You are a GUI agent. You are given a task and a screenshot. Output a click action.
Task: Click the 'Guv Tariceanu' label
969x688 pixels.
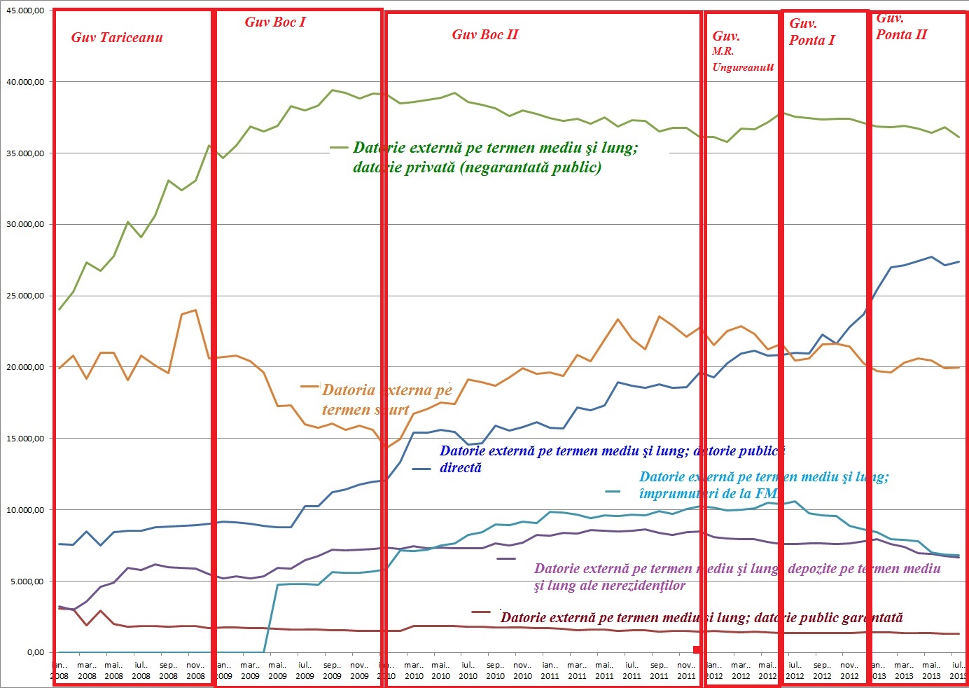tap(117, 38)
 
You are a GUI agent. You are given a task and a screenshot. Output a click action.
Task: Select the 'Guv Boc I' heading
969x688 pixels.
tap(275, 22)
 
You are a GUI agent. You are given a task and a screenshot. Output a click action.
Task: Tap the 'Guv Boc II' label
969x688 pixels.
tap(485, 35)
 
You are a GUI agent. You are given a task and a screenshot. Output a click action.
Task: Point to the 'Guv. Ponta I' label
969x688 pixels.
tap(811, 32)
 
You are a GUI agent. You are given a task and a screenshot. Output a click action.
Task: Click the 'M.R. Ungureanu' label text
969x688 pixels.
tap(743, 60)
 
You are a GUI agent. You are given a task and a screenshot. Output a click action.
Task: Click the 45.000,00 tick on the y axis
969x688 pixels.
tap(25, 11)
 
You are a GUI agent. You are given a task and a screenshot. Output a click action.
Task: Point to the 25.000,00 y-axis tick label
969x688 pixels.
tap(25, 296)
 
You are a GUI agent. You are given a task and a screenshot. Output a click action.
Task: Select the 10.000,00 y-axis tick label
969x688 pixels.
tap(25, 510)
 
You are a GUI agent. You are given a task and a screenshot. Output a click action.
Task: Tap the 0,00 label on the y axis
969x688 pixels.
tap(35, 652)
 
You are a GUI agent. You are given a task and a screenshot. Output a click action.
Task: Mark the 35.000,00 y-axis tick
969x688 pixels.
tap(25, 153)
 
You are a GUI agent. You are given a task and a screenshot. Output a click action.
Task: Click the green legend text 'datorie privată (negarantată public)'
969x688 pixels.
tap(477, 167)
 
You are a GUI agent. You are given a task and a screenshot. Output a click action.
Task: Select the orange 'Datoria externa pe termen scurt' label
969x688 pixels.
tap(386, 400)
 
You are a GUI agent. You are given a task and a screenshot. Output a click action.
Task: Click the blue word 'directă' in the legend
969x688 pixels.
tap(461, 468)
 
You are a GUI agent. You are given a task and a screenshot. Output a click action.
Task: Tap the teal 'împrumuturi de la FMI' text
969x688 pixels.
tap(709, 494)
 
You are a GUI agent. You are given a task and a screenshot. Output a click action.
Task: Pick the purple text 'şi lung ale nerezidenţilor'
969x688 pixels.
tap(609, 586)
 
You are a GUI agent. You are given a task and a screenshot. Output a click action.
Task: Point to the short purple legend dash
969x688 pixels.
tap(506, 558)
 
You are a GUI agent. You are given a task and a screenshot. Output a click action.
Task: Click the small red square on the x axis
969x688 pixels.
tap(697, 650)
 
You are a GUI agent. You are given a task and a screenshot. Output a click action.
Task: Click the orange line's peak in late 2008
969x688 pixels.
tap(195, 310)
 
